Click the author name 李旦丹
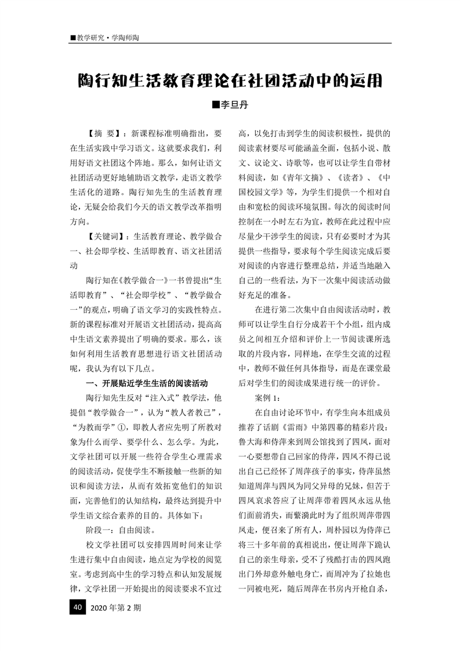click(235, 106)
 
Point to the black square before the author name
click(216, 106)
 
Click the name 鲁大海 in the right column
click(254, 441)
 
